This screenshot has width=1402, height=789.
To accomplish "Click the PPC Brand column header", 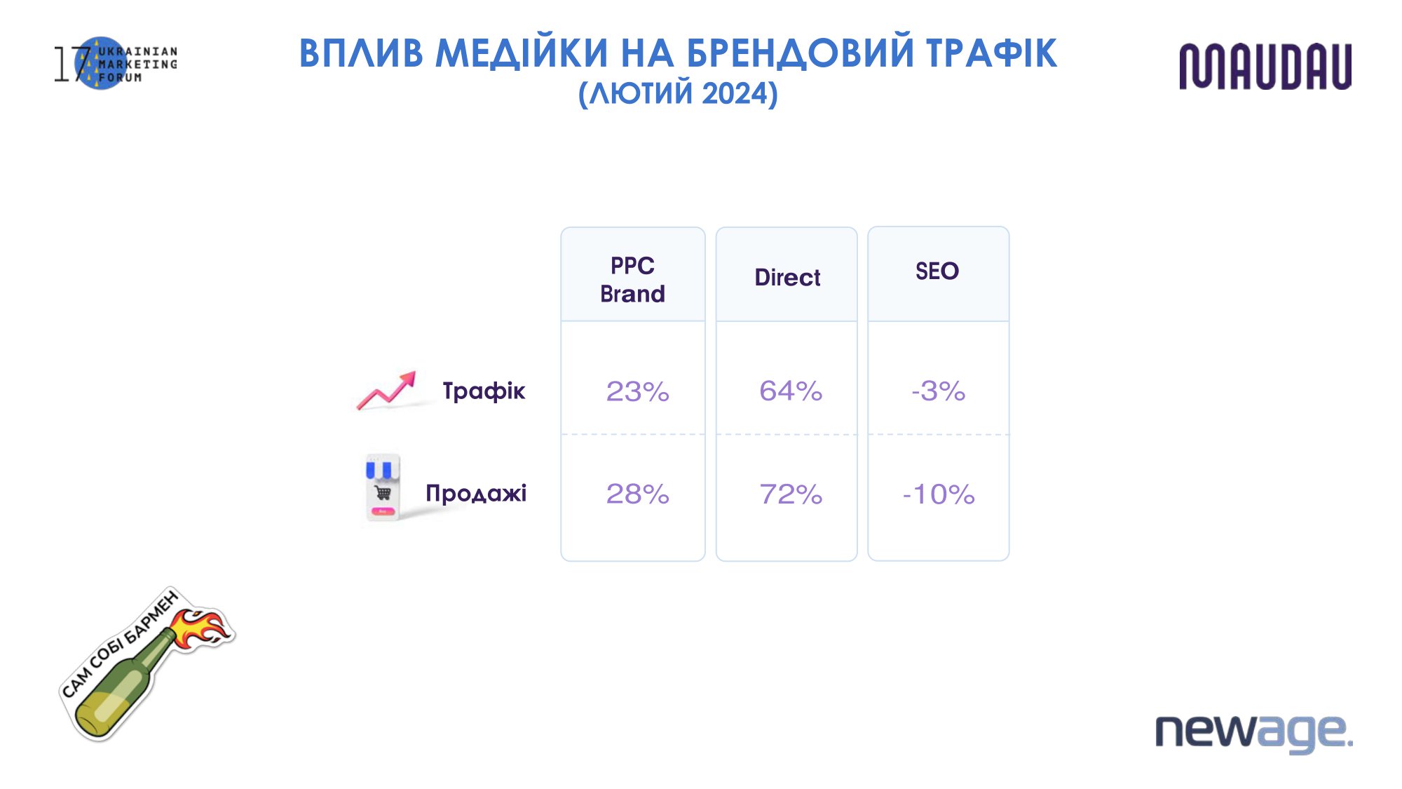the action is pos(632,279).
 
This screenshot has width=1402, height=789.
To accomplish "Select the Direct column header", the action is pos(787,278).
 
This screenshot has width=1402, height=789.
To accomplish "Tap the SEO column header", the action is pos(937,271).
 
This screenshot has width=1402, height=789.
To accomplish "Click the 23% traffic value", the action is pos(637,391).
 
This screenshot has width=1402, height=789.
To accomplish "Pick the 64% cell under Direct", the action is pos(791,391).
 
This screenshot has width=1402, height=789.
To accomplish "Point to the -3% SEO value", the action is pos(939,391).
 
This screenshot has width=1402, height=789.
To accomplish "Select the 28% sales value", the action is pos(637,494).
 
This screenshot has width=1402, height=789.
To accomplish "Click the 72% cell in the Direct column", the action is pos(791,494).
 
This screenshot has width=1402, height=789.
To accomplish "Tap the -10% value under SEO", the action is pos(939,494).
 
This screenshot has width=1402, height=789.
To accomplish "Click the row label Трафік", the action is pos(484,391).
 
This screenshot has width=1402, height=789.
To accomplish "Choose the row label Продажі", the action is pos(476,493).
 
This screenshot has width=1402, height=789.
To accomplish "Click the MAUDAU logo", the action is pos(1265,66).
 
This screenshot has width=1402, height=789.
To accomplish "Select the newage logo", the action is pos(1254,733).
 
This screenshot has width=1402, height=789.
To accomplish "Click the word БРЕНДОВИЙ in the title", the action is pos(800,53).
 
